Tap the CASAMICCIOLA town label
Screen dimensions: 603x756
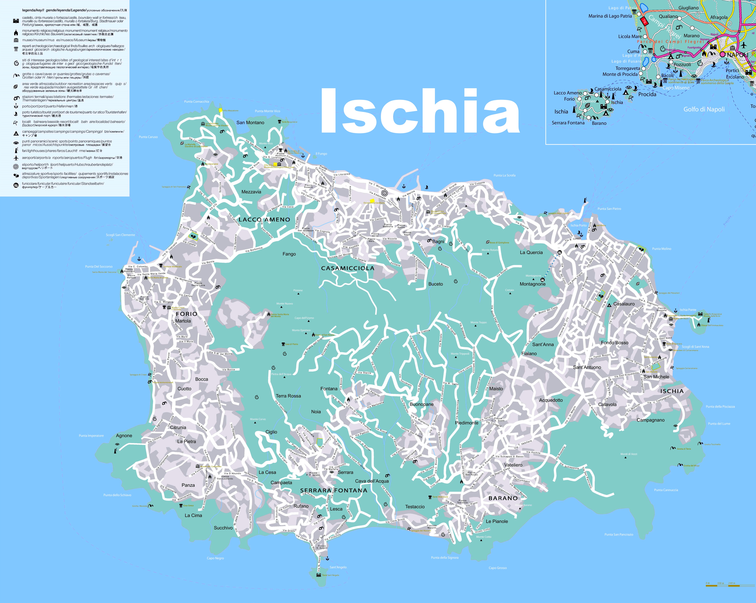click(x=348, y=268)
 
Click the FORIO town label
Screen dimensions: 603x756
click(x=186, y=314)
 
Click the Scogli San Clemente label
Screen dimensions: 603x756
click(x=120, y=235)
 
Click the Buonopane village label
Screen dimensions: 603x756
click(x=422, y=404)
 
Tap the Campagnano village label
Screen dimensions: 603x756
click(x=650, y=420)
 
